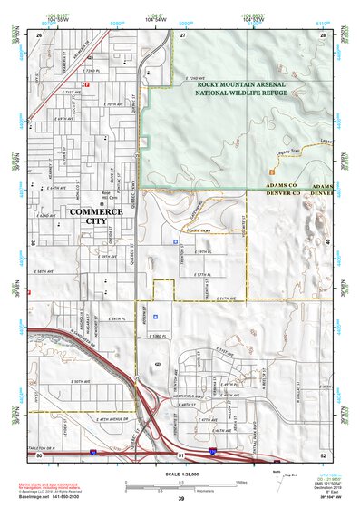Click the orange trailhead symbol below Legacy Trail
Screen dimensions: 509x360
[270, 171]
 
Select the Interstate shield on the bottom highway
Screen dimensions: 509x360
[93, 450]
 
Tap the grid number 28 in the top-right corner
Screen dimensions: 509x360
[322, 34]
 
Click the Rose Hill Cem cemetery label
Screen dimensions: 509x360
[105, 195]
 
